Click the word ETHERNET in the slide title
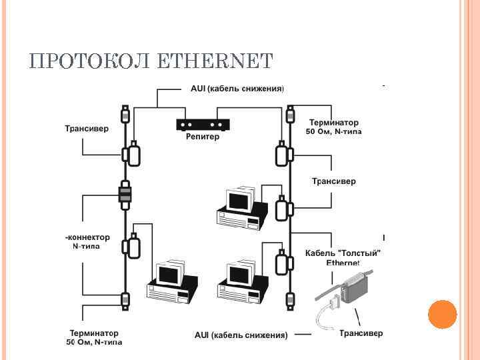click(217, 61)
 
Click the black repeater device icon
click(203, 124)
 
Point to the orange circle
click(441, 314)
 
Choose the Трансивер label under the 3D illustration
click(361, 332)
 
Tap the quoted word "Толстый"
click(361, 253)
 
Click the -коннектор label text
click(87, 237)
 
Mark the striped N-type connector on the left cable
click(125, 194)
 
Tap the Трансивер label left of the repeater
click(87, 128)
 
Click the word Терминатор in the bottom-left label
click(94, 333)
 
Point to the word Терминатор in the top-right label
click(333, 123)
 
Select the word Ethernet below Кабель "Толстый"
click(343, 263)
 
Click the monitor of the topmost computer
click(238, 199)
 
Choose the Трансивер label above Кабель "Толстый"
click(334, 181)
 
